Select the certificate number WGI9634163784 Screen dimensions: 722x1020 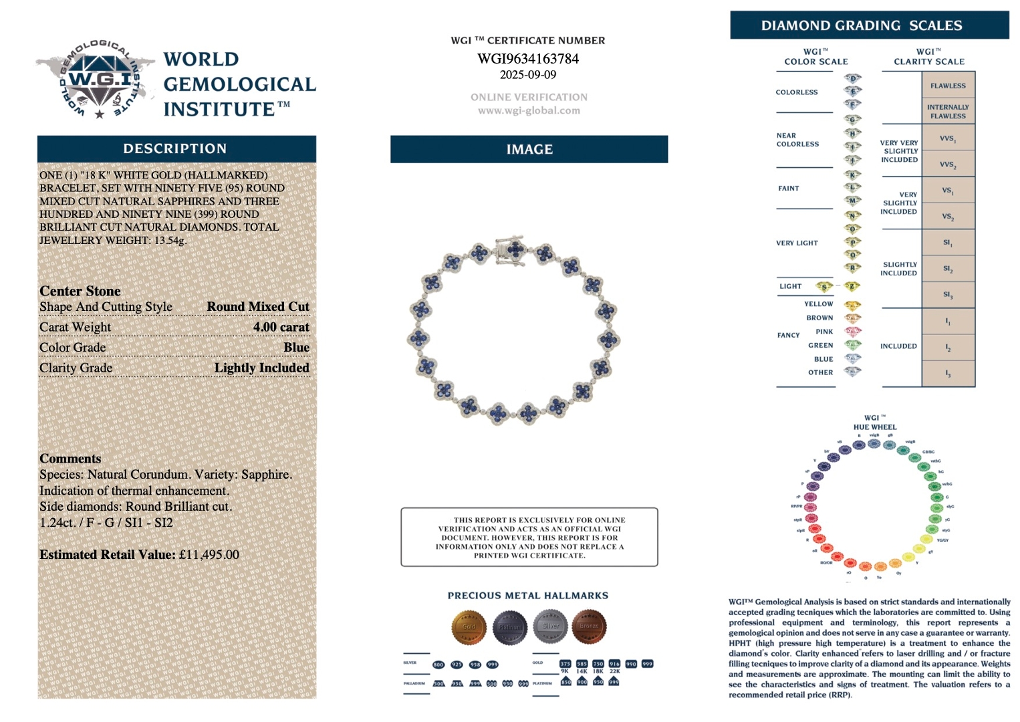(528, 59)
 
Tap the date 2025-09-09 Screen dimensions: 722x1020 (528, 75)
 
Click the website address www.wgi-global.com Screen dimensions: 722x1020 (529, 111)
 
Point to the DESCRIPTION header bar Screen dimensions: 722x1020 (176, 149)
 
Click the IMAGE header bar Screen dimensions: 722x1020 (529, 150)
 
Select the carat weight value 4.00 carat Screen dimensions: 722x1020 (281, 327)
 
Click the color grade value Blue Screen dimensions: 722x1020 (296, 348)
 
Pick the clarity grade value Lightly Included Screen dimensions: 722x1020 (261, 368)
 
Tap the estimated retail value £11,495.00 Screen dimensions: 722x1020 (209, 555)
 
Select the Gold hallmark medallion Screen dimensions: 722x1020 (469, 626)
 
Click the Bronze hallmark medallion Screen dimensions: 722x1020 (589, 626)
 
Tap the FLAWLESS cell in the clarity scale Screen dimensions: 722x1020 (948, 86)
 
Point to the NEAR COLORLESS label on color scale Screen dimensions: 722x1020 (797, 140)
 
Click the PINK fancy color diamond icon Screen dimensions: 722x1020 (853, 332)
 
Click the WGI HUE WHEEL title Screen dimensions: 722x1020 (874, 423)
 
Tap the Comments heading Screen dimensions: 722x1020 (70, 459)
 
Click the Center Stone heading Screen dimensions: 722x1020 (80, 291)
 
